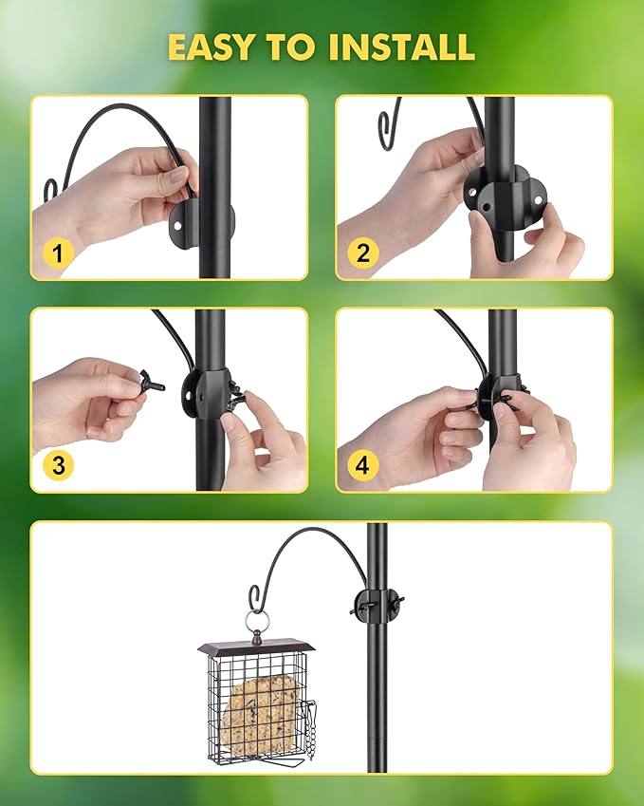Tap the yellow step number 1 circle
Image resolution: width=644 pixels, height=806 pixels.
pos(59,253)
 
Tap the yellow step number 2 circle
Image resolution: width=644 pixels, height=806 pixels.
pos(363,253)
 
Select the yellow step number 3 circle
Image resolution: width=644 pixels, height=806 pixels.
pos(59,465)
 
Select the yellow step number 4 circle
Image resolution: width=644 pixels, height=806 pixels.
pos(363,465)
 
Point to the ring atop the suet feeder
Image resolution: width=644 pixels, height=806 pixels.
pos(257,622)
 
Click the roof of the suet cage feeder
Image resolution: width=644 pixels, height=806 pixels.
pos(256,647)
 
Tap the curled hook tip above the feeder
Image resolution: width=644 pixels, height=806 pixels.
pos(254,598)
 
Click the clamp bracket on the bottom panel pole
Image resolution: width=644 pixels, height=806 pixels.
pos(377,605)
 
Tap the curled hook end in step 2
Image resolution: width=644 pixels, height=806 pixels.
pos(388,123)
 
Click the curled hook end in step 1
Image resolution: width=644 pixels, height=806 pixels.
pos(51,188)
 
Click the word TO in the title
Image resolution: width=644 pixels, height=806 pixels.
pos(305,46)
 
